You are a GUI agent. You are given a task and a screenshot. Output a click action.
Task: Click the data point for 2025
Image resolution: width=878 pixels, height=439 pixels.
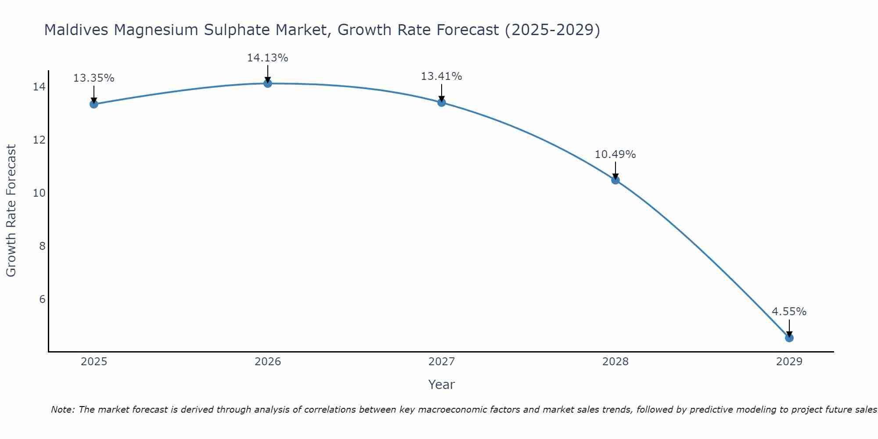pos(94,104)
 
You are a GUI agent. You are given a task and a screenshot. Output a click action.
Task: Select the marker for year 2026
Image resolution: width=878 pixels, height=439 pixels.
pos(268,83)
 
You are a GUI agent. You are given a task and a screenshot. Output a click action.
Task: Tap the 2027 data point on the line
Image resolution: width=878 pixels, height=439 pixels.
pos(442,102)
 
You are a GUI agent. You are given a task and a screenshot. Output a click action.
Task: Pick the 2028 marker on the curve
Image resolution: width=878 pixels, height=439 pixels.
pos(615,180)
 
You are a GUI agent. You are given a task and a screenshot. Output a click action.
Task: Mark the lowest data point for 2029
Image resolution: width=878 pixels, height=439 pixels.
pos(789,338)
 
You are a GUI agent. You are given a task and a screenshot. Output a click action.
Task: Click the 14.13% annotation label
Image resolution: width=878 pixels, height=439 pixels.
pos(267,58)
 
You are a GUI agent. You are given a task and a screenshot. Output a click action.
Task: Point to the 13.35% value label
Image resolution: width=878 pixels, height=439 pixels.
pos(94,78)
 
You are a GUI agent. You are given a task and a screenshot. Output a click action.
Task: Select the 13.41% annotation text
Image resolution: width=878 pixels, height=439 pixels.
pos(441,76)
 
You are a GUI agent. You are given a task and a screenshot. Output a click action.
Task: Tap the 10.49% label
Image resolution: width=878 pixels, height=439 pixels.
pos(615,155)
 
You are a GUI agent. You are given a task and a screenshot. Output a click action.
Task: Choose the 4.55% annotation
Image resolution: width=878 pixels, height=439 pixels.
pos(789,312)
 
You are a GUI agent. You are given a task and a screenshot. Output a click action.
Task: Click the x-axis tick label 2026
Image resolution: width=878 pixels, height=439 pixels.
pos(268,362)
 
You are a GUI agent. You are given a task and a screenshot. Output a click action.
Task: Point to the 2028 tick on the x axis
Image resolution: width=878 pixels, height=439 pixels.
pos(615,362)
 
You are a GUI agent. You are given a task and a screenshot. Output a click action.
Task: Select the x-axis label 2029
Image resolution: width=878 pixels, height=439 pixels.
pos(789,362)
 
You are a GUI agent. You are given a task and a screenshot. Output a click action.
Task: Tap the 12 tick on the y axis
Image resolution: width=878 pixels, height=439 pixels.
pos(39,140)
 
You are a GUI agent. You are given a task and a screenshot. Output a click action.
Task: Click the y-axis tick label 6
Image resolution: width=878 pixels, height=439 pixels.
pos(42,299)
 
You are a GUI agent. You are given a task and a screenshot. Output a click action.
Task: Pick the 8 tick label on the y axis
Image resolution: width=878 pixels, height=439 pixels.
pos(42,246)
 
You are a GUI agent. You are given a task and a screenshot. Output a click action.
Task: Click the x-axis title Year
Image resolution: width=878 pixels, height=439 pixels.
pos(441,385)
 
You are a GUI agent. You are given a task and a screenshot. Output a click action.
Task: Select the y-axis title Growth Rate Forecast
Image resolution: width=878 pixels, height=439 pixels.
pos(11,210)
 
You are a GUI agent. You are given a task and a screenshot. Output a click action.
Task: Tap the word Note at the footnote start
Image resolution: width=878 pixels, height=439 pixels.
pos(63,410)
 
